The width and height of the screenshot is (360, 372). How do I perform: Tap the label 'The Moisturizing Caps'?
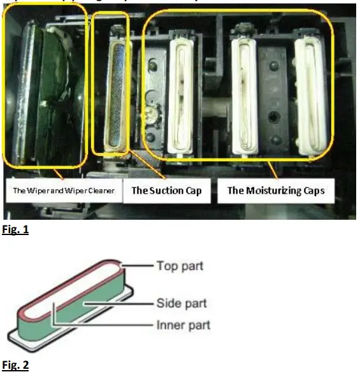pos(276,190)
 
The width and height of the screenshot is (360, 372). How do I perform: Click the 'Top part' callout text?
pos(180,265)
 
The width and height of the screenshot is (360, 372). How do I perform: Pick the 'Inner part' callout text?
pos(183,325)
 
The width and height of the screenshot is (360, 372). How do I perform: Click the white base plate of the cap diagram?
pos(38,334)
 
